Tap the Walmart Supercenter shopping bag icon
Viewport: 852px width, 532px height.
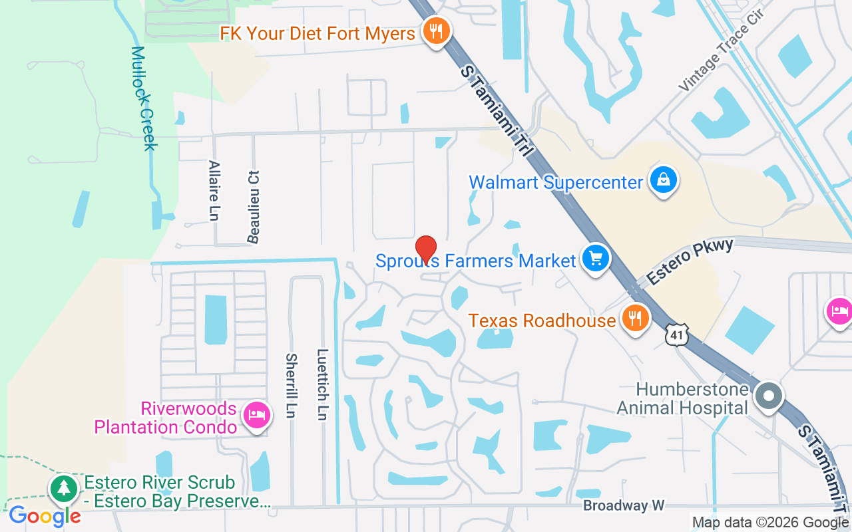point(663,180)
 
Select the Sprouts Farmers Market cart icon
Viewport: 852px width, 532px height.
point(595,258)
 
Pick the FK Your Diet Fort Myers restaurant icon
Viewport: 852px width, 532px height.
point(436,31)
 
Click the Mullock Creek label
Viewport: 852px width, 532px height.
point(143,98)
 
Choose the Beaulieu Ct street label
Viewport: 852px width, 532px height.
point(253,206)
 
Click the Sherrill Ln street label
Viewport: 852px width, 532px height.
point(291,386)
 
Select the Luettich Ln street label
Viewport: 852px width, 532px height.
point(323,384)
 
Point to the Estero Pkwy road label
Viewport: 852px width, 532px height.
point(690,261)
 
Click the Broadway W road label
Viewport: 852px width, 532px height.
point(624,505)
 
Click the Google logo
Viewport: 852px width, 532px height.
point(45,515)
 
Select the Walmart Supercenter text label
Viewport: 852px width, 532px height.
point(556,182)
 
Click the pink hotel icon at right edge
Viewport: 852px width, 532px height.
point(839,311)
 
